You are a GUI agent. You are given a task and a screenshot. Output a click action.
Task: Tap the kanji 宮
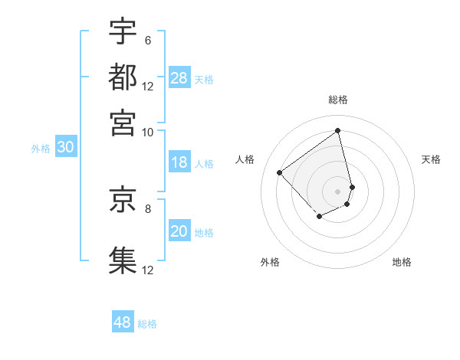pos(123,122)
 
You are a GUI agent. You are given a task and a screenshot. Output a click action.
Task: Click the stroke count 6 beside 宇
pos(147,40)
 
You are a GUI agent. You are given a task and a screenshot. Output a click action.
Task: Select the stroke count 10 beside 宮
pos(147,131)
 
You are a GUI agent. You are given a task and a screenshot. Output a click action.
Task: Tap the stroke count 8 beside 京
pos(147,208)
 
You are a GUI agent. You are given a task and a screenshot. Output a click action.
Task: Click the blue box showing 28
pos(179,78)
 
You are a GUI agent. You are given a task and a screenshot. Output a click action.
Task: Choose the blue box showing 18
pos(179,162)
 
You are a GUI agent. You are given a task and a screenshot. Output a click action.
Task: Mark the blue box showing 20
pos(179,232)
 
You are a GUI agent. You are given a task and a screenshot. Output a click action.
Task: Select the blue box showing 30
pos(65,148)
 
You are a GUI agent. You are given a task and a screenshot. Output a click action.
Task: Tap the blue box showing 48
pos(123,322)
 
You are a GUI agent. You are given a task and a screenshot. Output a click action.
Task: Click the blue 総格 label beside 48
pos(147,324)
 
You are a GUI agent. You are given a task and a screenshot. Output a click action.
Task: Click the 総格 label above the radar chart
pos(338,100)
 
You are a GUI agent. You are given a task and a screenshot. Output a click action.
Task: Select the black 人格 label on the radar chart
pos(245,159)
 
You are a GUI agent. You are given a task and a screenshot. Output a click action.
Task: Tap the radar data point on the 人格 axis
pos(280,173)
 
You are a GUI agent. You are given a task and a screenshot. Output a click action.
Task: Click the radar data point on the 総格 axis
pos(338,130)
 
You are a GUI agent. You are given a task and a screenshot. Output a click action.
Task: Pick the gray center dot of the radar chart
pos(338,191)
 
